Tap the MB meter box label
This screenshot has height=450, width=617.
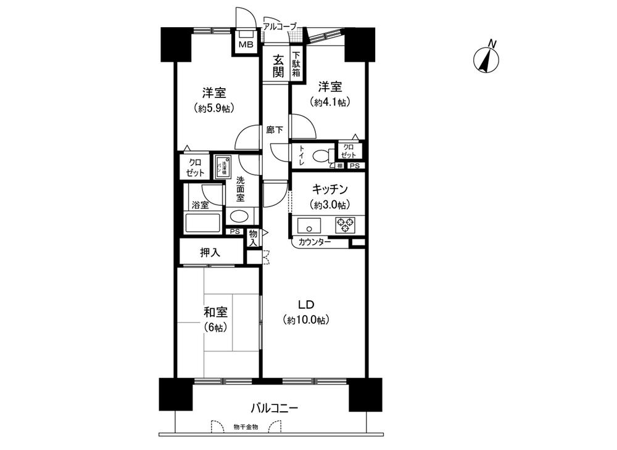[246, 44]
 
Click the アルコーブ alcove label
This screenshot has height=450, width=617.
[280, 27]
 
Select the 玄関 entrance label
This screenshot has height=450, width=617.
[279, 66]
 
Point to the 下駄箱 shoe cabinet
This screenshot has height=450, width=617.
[296, 64]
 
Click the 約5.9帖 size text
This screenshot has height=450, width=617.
[213, 108]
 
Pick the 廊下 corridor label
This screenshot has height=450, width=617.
[275, 130]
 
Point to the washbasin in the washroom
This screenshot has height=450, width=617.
[239, 216]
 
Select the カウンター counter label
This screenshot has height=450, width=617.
[314, 242]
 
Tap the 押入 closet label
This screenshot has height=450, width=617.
[210, 252]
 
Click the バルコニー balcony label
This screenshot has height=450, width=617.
[275, 408]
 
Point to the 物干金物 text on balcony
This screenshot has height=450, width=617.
[246, 426]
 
